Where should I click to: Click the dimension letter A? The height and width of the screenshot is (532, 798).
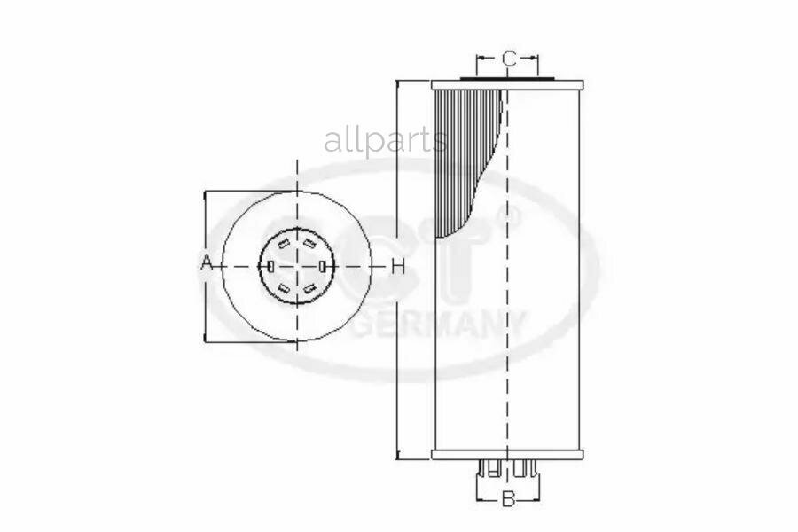[x=205, y=263]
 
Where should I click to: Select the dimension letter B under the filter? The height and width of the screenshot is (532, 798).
[x=508, y=499]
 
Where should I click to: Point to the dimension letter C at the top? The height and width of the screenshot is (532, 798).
[x=509, y=59]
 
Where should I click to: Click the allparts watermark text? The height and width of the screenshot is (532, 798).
[x=385, y=140]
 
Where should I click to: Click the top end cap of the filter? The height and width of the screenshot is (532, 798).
[x=506, y=85]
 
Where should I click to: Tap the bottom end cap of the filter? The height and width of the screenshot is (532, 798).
[x=506, y=455]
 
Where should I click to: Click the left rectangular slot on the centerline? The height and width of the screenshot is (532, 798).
[x=269, y=265]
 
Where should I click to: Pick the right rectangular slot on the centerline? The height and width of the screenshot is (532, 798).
[x=323, y=265]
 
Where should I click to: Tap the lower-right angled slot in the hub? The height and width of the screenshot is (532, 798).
[x=309, y=288]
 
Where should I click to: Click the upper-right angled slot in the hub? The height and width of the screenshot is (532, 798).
[x=309, y=242]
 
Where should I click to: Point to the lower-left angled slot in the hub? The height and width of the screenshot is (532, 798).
[x=283, y=288]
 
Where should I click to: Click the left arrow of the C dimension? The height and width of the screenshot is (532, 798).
[x=481, y=59]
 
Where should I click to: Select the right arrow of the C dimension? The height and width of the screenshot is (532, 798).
[x=534, y=59]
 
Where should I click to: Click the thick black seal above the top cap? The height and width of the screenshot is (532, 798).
[x=507, y=79]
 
